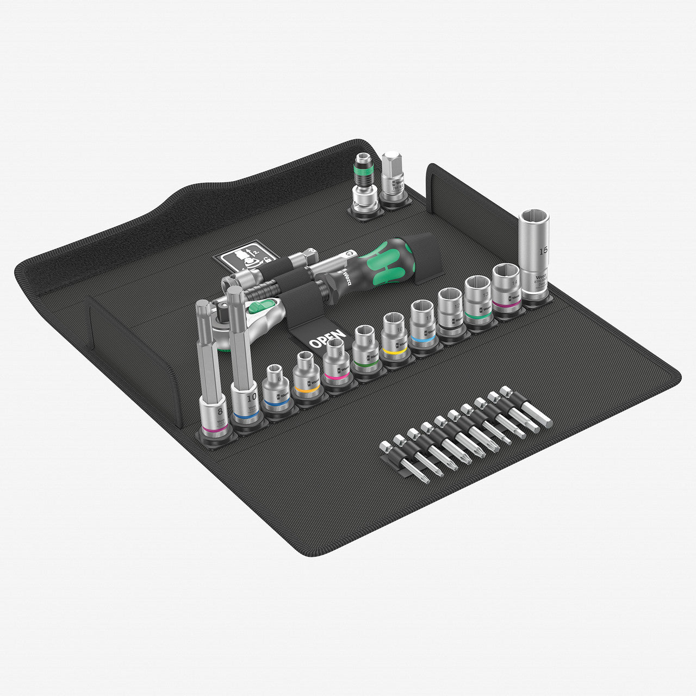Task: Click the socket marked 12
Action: click(x=451, y=310)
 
